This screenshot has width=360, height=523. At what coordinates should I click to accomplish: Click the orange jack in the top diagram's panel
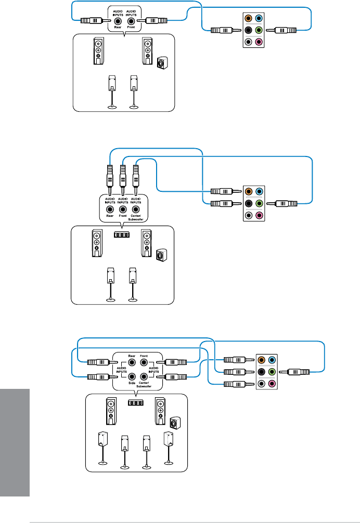click(x=248, y=18)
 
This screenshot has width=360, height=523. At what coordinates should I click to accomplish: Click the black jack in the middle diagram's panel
click(x=248, y=203)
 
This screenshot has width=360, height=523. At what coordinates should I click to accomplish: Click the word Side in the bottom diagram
click(x=132, y=384)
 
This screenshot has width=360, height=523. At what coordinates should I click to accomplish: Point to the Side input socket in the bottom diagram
click(x=132, y=376)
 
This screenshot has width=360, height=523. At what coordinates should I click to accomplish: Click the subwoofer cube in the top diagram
click(x=162, y=63)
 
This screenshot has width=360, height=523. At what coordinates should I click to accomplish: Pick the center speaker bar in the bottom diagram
click(x=135, y=403)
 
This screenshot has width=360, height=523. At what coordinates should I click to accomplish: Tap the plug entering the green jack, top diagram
click(x=286, y=30)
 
